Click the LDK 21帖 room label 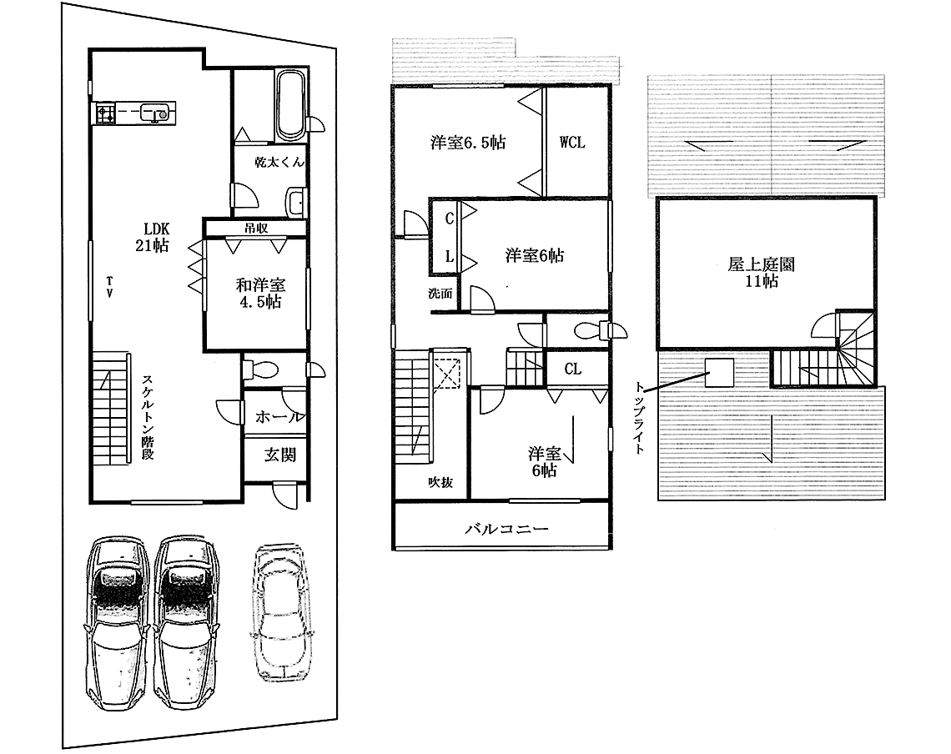coord(152,237)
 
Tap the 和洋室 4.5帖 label coord(261,293)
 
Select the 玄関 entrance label coord(279,455)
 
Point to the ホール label coord(279,417)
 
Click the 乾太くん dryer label coord(279,162)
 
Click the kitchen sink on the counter coord(155,112)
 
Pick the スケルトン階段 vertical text coord(148,417)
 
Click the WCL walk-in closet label coord(572,142)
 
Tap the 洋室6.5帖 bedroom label coord(468,143)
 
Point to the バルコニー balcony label coord(507,528)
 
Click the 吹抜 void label coord(440,482)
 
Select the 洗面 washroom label coord(440,294)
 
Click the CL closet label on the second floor coord(573,369)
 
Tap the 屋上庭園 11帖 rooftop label coord(761,273)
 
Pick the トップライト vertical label coord(639,417)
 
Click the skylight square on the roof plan coord(719,373)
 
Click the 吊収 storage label coord(256,228)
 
